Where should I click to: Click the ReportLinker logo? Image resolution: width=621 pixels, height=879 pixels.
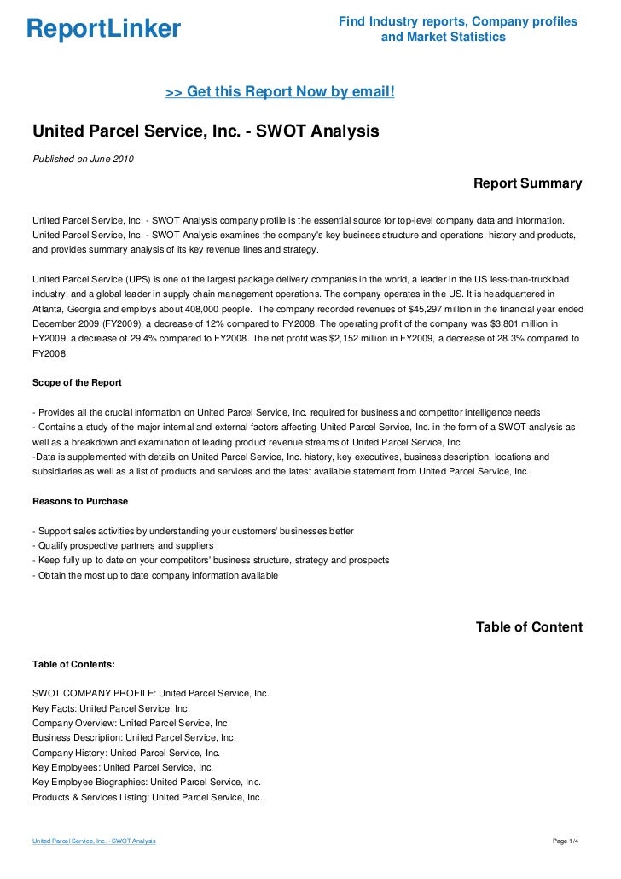[x=104, y=29]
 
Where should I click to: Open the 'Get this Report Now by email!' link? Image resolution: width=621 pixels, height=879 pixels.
[x=280, y=90]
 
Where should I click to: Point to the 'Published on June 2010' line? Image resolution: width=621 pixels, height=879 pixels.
[x=83, y=159]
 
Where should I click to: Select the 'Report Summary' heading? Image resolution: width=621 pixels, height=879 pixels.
[x=527, y=183]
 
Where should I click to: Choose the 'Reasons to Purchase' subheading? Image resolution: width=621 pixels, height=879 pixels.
[x=80, y=501]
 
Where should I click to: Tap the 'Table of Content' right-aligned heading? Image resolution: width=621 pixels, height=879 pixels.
[x=528, y=627]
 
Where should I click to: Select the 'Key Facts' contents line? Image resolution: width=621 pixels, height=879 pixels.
[x=111, y=708]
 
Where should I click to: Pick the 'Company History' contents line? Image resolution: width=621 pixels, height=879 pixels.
[x=125, y=753]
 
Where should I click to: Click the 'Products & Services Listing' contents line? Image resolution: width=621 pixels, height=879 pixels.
[x=147, y=797]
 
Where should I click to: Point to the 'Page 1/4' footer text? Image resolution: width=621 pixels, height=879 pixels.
[x=566, y=841]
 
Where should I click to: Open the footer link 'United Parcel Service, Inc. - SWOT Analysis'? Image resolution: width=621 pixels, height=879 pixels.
[x=94, y=841]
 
